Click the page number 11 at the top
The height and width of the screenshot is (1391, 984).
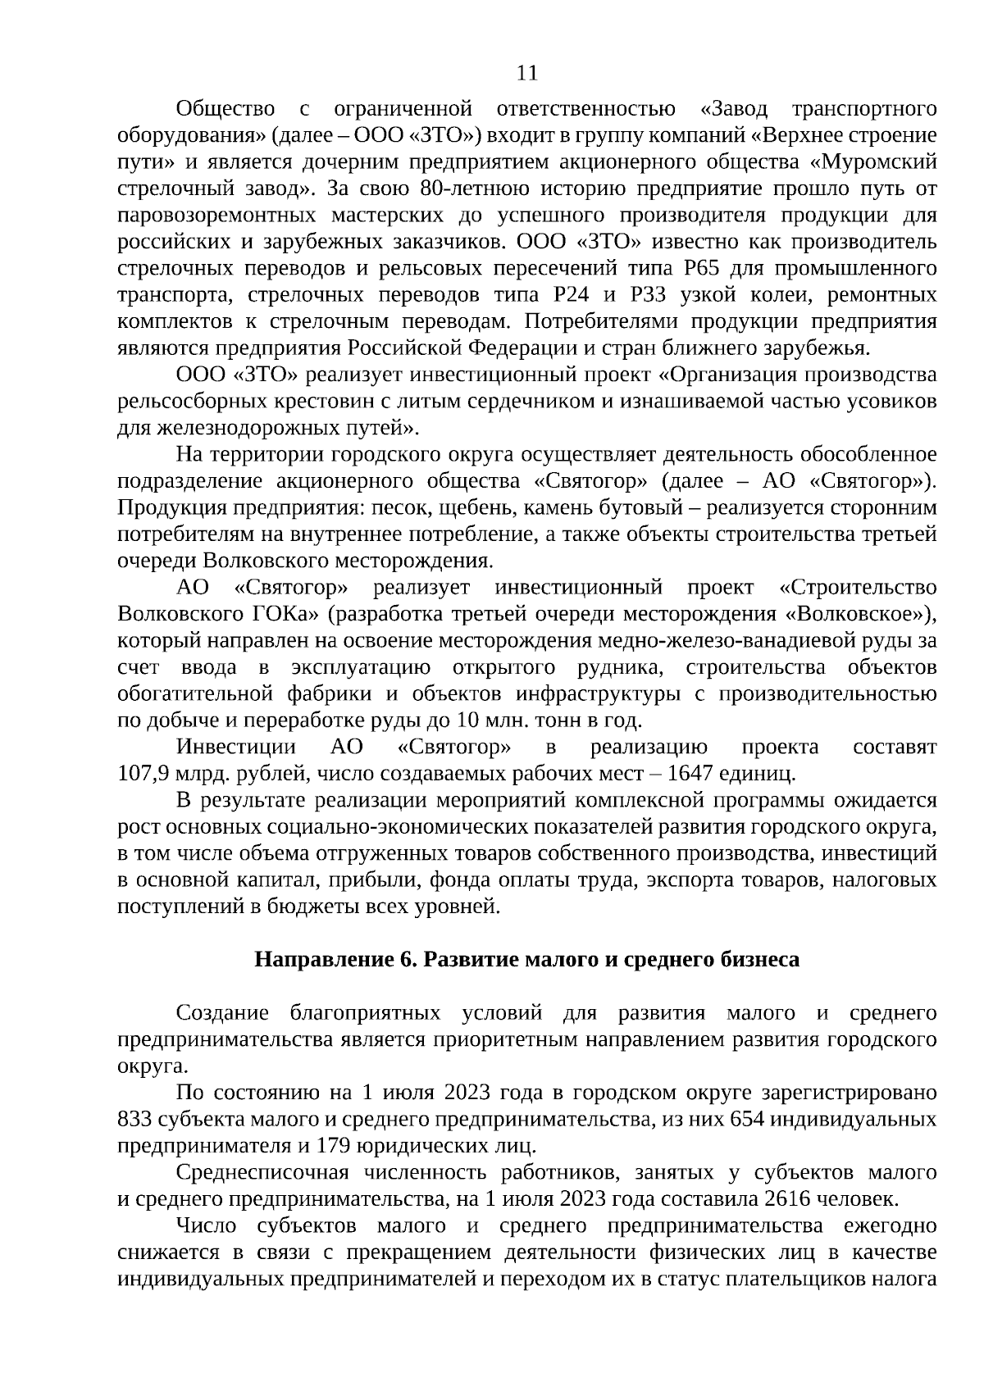527,74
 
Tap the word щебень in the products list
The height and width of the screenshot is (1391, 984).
470,508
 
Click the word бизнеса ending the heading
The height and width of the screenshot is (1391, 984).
760,959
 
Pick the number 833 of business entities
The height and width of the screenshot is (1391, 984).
134,1120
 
